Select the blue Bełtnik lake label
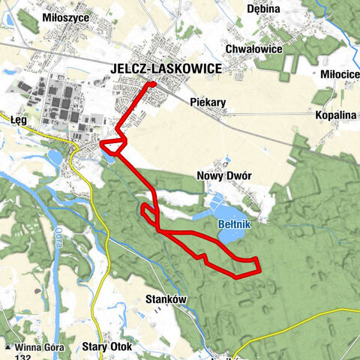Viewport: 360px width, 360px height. [x=228, y=224]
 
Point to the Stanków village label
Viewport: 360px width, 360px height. [x=164, y=298]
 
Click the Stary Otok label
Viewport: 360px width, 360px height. [x=107, y=347]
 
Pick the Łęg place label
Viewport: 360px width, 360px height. [x=19, y=118]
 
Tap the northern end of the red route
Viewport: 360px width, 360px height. [x=153, y=84]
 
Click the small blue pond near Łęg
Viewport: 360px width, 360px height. [x=55, y=158]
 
